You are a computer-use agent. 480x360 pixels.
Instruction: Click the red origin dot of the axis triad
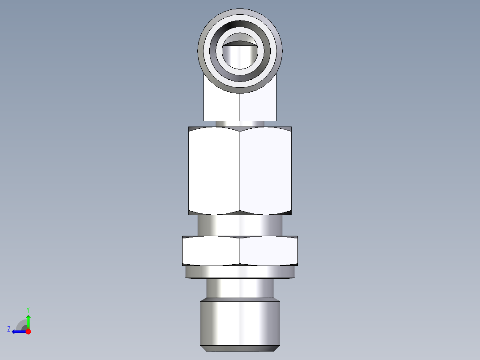point(28,331)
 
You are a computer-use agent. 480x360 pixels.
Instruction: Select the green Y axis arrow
point(28,321)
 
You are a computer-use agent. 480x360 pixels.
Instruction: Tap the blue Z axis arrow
point(18,331)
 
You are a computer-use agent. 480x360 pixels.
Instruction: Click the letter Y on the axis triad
point(28,309)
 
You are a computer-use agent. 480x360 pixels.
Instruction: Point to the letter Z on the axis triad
point(9,329)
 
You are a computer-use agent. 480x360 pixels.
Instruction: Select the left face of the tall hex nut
point(214,169)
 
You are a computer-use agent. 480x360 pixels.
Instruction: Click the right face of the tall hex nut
point(266,169)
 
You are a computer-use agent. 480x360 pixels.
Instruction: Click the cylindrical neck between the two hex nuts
point(240,225)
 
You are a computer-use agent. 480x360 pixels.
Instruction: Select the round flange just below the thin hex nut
point(240,272)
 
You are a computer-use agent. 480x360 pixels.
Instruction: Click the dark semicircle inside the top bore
point(240,43)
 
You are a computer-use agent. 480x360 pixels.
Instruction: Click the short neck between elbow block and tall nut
point(240,123)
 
